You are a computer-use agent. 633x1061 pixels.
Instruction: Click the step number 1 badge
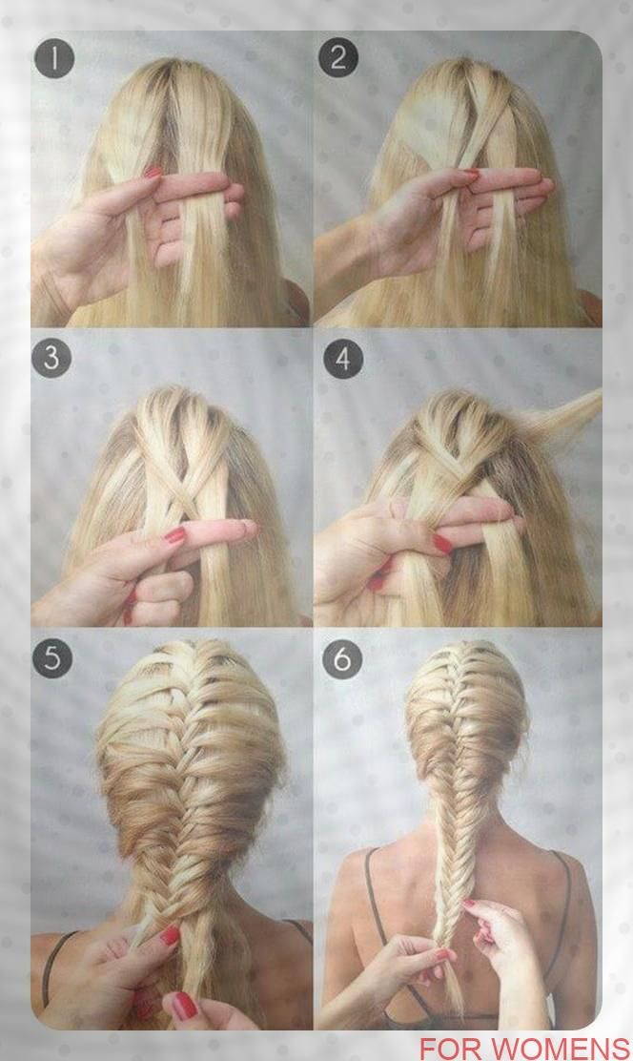(53, 59)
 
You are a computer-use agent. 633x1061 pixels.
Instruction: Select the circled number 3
(52, 358)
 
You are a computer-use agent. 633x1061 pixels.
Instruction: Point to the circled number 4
(343, 359)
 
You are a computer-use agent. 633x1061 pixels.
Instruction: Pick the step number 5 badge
(52, 657)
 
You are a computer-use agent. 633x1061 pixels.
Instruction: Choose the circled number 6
(342, 657)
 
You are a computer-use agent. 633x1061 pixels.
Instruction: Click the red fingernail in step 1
(153, 174)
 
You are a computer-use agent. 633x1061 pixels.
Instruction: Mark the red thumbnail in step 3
(175, 536)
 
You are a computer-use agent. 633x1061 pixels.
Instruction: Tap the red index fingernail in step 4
(442, 543)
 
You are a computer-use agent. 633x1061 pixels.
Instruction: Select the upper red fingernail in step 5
(169, 936)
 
